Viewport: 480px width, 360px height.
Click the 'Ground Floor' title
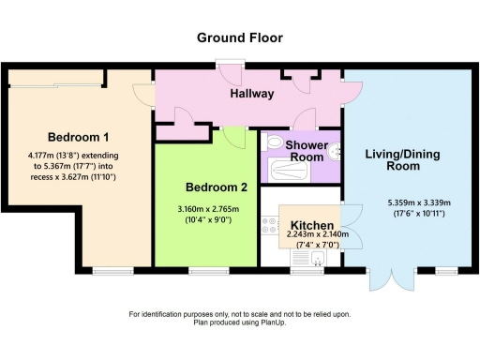coord(239,37)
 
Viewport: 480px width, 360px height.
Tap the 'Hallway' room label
coord(251,94)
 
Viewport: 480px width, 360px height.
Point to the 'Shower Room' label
coord(306,151)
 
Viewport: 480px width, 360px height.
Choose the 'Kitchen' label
coord(312,226)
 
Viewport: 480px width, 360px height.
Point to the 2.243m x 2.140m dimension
coord(313,235)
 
